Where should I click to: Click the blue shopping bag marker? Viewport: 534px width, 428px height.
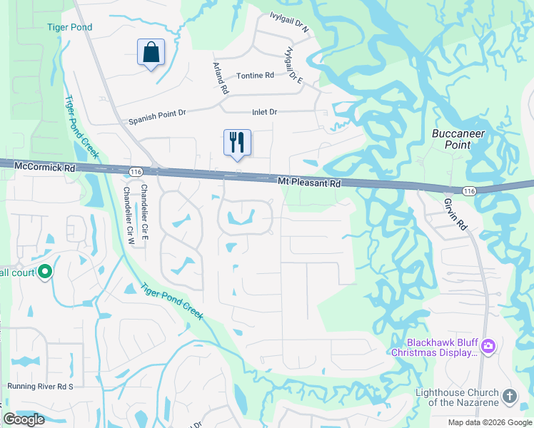[151, 52]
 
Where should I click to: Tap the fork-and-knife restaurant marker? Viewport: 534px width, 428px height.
[236, 142]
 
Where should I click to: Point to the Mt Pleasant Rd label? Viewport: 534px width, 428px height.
[309, 183]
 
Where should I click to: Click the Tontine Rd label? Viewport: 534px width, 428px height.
[255, 76]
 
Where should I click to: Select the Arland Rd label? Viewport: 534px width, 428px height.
[220, 77]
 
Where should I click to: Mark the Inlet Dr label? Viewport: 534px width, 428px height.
[264, 112]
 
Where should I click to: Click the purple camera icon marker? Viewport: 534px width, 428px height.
[488, 347]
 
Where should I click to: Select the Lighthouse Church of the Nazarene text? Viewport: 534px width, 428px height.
[458, 398]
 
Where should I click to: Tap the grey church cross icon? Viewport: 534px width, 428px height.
[510, 396]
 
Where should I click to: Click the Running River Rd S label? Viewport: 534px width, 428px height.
[41, 386]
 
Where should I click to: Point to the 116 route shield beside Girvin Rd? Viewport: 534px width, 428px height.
[469, 191]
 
